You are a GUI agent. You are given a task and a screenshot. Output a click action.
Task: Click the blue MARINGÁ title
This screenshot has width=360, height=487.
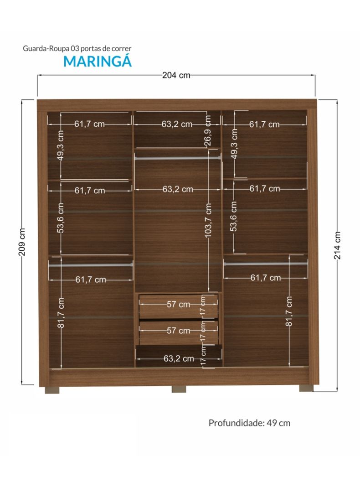pyautogui.click(x=98, y=61)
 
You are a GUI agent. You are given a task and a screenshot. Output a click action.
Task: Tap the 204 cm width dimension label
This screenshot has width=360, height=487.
pyautogui.click(x=176, y=75)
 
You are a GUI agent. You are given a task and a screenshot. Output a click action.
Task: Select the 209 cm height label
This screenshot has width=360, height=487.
pyautogui.click(x=22, y=242)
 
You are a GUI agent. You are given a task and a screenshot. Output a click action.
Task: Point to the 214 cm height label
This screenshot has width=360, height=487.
pyautogui.click(x=337, y=245)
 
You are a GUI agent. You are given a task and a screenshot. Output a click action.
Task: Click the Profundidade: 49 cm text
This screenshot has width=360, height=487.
pyautogui.click(x=249, y=423)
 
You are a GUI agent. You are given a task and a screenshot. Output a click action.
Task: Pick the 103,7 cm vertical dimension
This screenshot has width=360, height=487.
pyautogui.click(x=208, y=221)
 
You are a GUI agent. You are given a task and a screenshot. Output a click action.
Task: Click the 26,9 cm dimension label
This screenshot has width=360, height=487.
pyautogui.click(x=208, y=130)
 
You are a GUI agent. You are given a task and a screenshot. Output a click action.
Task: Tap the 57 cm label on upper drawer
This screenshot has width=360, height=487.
pyautogui.click(x=178, y=305)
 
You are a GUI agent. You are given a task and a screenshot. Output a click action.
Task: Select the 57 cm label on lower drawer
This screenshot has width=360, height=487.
pyautogui.click(x=178, y=331)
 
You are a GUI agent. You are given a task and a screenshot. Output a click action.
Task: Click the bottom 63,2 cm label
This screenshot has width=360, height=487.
pyautogui.click(x=179, y=358)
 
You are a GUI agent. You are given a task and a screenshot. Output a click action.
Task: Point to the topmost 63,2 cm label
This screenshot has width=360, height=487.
pyautogui.click(x=177, y=124)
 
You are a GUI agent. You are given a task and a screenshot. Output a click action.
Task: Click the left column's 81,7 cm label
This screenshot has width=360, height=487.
pyautogui.click(x=61, y=312)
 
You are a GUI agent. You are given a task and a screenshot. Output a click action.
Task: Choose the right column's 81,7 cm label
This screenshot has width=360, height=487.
pyautogui.click(x=289, y=311)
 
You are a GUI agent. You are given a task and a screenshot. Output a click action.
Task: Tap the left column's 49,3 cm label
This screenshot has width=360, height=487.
pyautogui.click(x=61, y=145)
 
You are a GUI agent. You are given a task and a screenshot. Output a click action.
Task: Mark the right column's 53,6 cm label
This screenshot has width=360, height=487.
pyautogui.click(x=234, y=216)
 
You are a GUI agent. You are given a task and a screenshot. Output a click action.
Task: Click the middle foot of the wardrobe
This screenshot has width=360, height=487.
pyautogui.click(x=179, y=389)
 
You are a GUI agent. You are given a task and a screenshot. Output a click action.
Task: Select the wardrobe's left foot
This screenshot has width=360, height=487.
pyautogui.click(x=52, y=390)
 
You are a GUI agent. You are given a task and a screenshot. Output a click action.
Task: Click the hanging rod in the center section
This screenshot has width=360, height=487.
pyautogui.click(x=178, y=158)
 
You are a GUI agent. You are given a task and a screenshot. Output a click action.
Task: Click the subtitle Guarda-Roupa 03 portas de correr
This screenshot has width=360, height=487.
pyautogui.click(x=77, y=48)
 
